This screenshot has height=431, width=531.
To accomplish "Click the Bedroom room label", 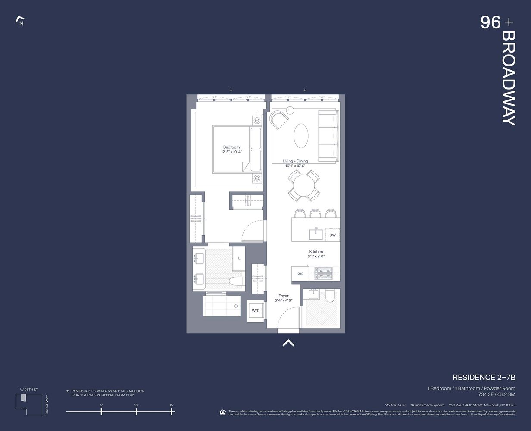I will coord(231,147).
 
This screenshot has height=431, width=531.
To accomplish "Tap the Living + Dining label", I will coord(295,161).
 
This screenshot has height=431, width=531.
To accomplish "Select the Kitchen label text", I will coord(316,252).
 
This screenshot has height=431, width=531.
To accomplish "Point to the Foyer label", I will coord(284,296).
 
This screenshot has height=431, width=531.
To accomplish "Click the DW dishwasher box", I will coord(332,235).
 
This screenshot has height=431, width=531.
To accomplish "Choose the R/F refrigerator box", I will coord(300,274).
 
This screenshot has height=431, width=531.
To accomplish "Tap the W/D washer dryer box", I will coord(256,311).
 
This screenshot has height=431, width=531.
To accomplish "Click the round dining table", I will coord(304,186).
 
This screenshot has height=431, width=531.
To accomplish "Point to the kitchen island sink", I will coord(316,234).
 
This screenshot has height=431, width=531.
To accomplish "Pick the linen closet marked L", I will coord(239,258).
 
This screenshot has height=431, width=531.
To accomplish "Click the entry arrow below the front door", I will coord(288,343).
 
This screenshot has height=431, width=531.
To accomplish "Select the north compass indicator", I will coord(20,21).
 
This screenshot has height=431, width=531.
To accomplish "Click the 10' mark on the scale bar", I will coord(136,412).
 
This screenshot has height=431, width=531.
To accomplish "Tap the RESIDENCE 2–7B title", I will coord(484,378).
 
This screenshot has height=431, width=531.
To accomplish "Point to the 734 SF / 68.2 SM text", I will coord(497,394).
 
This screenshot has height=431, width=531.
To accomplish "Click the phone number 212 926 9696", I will coord(396,405).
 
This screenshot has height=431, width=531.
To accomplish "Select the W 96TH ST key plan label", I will coord(29,390).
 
